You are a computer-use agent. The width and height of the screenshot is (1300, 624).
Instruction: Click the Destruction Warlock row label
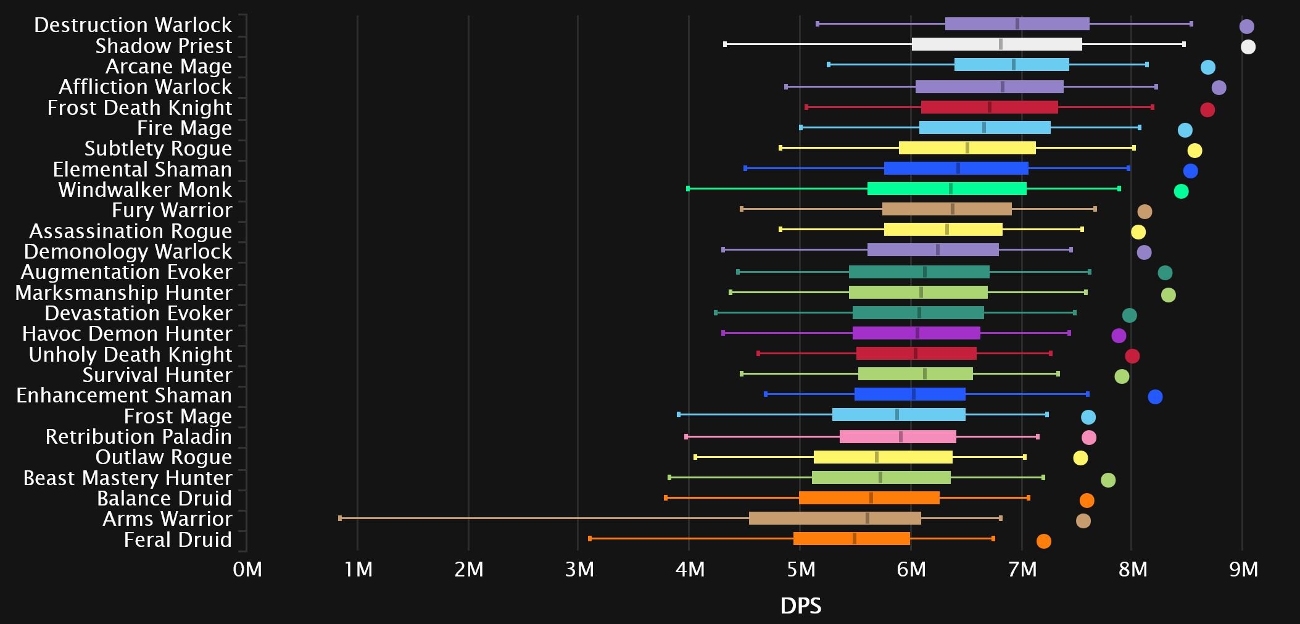tap(133, 25)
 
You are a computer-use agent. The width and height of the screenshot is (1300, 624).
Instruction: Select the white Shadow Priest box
tap(996, 44)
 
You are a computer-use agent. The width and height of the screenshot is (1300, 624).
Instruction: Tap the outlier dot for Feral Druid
tap(1043, 541)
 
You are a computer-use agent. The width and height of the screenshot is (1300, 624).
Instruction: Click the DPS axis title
tap(800, 606)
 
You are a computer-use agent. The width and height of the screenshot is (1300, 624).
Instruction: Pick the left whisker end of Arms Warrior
tap(340, 518)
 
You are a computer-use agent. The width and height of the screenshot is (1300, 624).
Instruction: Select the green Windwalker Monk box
tap(946, 189)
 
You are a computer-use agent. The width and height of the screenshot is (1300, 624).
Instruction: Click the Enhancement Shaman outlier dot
tap(1155, 397)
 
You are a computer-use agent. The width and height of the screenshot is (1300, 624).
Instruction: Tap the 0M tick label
tap(247, 569)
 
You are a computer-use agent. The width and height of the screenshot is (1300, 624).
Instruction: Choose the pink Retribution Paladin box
tap(898, 437)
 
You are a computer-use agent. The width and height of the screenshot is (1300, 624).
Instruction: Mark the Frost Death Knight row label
tap(139, 108)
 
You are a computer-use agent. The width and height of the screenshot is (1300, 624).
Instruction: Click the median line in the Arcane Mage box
tap(1013, 65)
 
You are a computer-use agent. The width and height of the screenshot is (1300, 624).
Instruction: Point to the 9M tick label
tap(1243, 569)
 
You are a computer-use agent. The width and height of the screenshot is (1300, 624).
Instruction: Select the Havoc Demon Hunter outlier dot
tap(1119, 336)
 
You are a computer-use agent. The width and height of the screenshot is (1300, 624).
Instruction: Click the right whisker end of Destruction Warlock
tap(1191, 24)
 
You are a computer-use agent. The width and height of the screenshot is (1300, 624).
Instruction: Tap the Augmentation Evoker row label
tap(126, 272)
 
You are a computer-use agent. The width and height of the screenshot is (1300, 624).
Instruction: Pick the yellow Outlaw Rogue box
tap(883, 457)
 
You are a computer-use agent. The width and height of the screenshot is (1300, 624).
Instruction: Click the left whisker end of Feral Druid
tap(590, 539)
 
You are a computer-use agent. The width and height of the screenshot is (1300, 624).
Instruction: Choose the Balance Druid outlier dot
tap(1087, 501)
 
